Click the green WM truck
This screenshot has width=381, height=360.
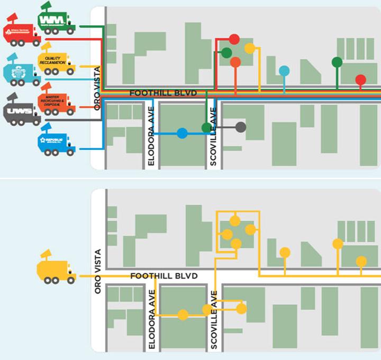(x=56, y=20)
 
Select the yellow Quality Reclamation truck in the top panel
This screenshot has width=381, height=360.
(x=55, y=61)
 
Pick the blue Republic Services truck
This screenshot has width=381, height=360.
(x=56, y=140)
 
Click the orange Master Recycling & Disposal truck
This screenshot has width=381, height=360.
(x=55, y=101)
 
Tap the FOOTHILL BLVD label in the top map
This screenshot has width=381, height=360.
(x=164, y=94)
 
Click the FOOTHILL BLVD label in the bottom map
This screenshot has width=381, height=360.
(x=164, y=276)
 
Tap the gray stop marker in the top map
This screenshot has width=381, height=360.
(x=241, y=127)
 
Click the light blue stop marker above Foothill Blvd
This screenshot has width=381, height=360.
(x=284, y=70)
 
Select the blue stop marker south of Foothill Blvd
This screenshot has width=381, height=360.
(x=182, y=133)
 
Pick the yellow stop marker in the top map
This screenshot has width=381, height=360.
(x=250, y=49)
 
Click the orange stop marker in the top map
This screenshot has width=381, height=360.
(x=235, y=62)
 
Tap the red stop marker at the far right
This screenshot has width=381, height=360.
(x=360, y=80)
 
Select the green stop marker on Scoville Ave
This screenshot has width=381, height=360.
(x=206, y=128)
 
